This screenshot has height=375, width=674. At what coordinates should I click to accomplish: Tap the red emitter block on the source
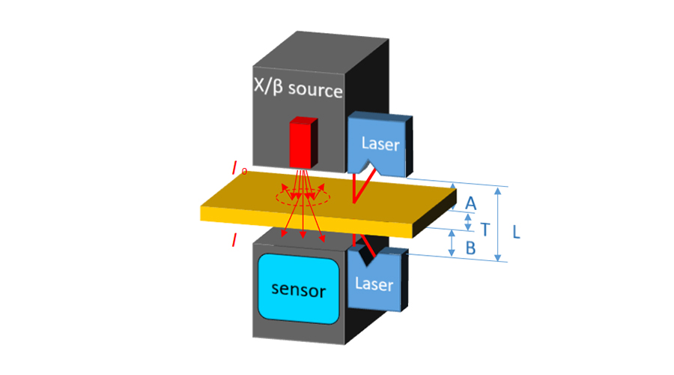click(x=303, y=142)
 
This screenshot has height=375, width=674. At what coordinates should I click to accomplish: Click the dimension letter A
click(x=470, y=202)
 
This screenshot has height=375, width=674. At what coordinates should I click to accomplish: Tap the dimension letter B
click(x=470, y=248)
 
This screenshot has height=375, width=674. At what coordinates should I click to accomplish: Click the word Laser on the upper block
click(x=380, y=143)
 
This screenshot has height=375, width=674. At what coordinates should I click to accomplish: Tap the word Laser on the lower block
click(x=374, y=284)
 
